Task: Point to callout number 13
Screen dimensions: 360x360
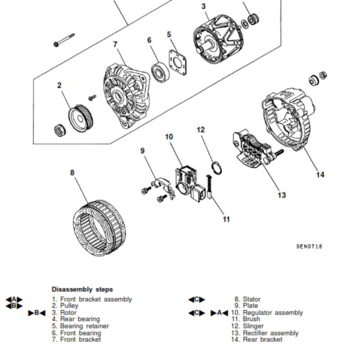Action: pyautogui.click(x=281, y=195)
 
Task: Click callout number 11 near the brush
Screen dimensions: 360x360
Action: pyautogui.click(x=226, y=219)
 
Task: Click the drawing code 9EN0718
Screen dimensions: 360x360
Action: pyautogui.click(x=309, y=247)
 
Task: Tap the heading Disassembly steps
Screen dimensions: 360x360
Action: pyautogui.click(x=82, y=289)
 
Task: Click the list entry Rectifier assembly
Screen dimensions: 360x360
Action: pyautogui.click(x=270, y=333)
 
